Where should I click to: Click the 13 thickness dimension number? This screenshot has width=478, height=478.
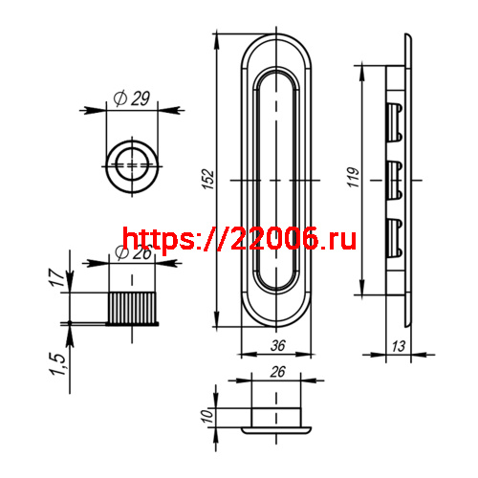398,346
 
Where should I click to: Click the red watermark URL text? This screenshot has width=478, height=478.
239,239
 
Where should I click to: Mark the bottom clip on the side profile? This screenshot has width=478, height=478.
393,236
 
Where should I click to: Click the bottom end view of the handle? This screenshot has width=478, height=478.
276,419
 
